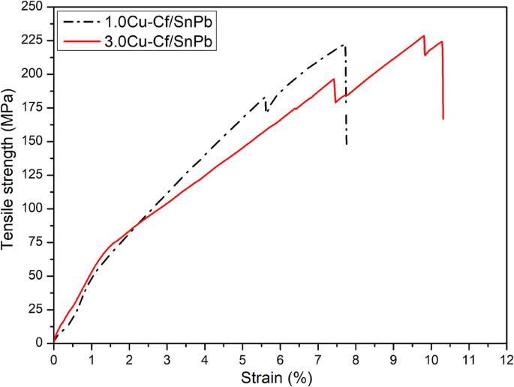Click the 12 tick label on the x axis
pyautogui.click(x=506, y=357)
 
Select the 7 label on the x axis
pyautogui.click(x=318, y=357)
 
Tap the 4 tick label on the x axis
pyautogui.click(x=205, y=357)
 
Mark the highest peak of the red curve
pyautogui.click(x=424, y=35)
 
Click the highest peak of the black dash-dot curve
pyautogui.click(x=343, y=45)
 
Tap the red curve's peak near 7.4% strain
pyautogui.click(x=334, y=78)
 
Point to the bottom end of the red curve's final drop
pyautogui.click(x=443, y=118)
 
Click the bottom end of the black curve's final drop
pyautogui.click(x=347, y=144)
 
